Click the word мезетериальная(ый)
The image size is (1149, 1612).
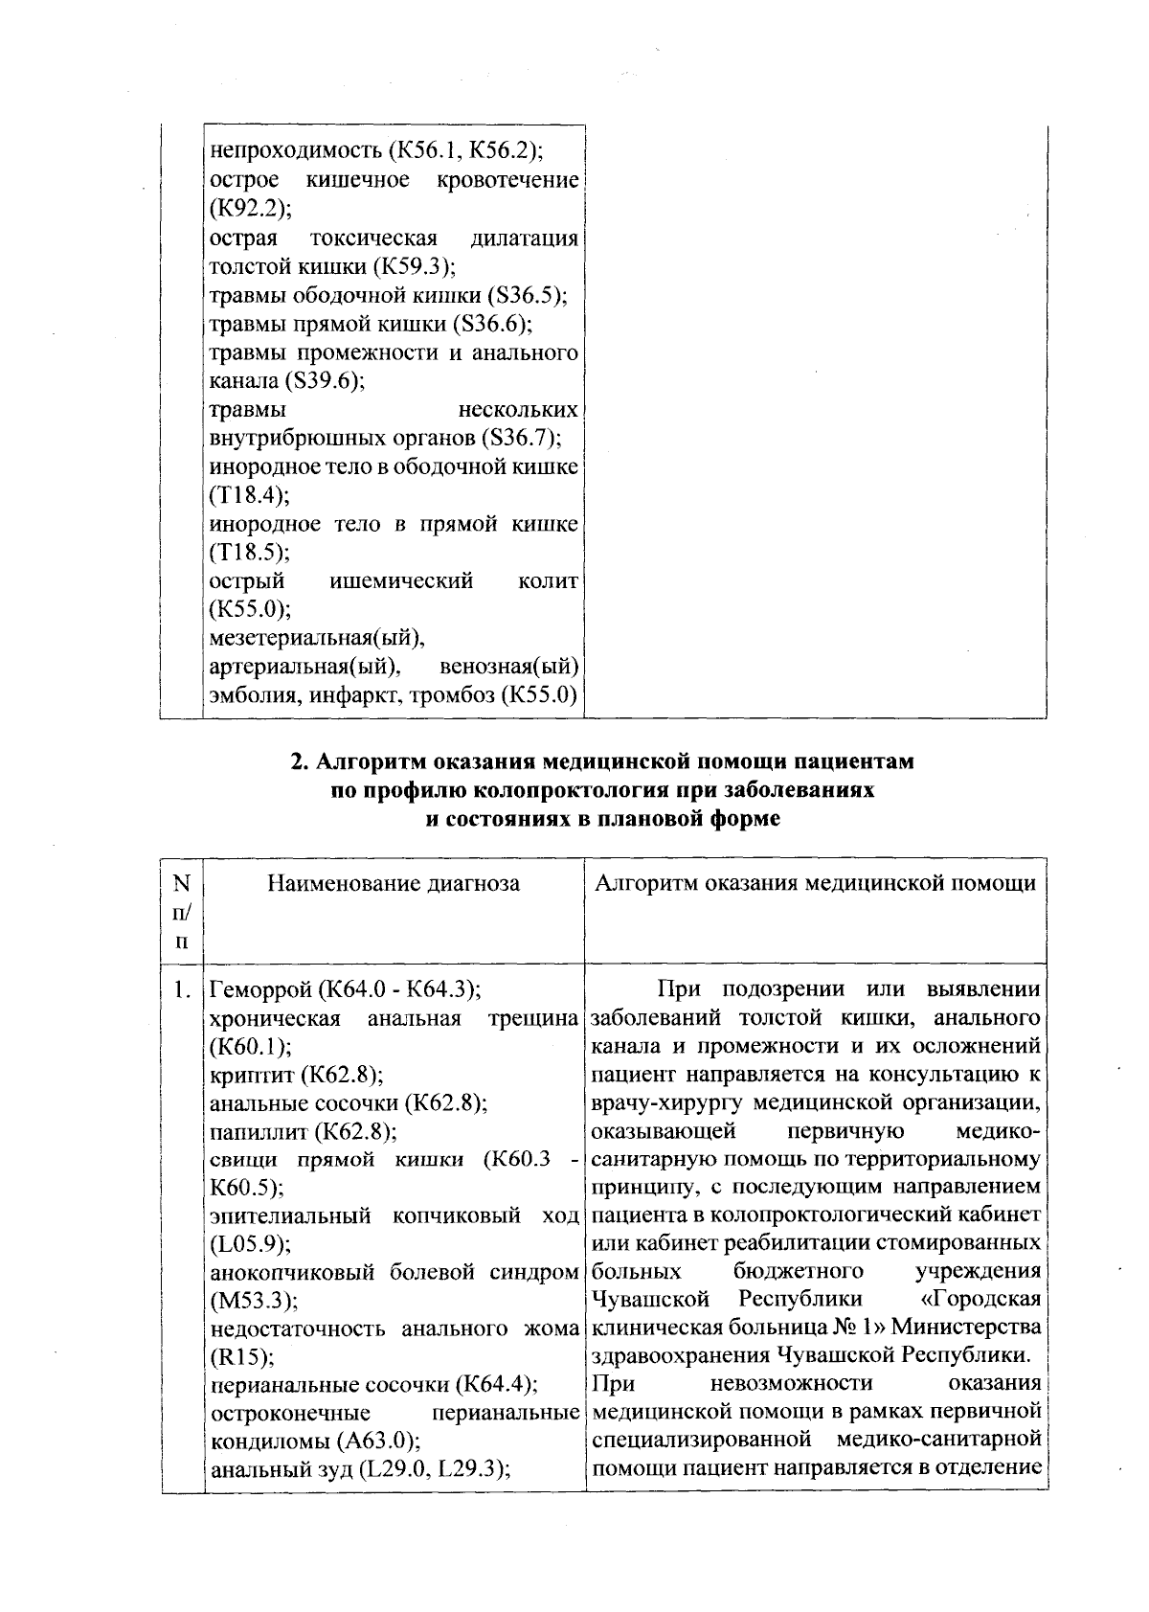317,637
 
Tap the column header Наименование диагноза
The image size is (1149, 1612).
394,883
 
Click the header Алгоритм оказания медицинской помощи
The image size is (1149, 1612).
815,883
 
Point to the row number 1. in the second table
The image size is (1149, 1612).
182,989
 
